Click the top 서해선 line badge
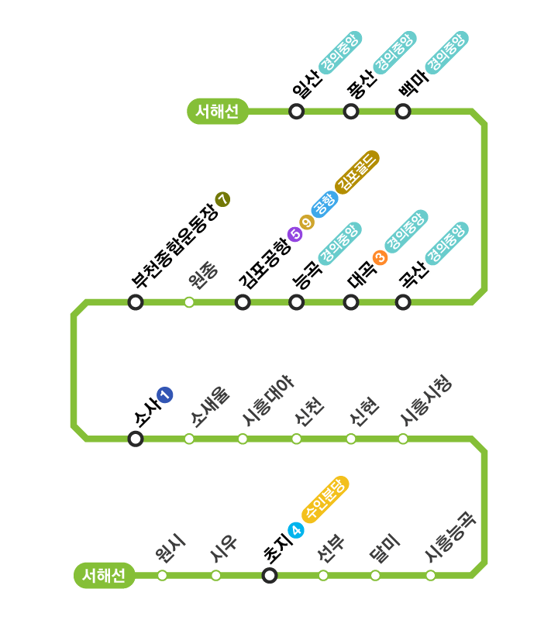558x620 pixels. tap(218, 112)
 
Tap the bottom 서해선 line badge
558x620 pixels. tap(104, 576)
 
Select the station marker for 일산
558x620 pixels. tap(296, 112)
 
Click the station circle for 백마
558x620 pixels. tap(403, 112)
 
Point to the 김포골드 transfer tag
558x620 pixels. tap(357, 171)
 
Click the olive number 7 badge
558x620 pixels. tap(223, 199)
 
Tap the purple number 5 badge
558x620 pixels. tap(294, 234)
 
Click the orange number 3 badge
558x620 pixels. tap(380, 257)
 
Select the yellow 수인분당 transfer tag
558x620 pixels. tap(325, 500)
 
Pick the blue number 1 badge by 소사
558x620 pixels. tap(164, 394)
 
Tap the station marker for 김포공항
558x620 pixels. tap(243, 302)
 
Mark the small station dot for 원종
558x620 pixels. tap(189, 302)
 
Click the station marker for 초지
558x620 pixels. tap(270, 575)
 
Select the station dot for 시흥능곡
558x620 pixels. tap(430, 575)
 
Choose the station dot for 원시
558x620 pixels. tap(162, 575)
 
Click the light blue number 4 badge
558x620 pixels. tap(295, 530)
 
